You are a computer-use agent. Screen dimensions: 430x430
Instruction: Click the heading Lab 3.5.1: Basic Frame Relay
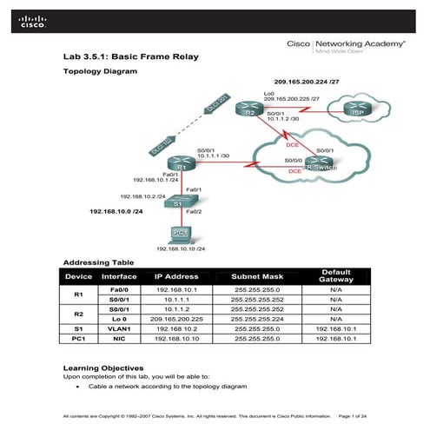coord(131,57)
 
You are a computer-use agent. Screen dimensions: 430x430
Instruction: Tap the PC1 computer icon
coord(181,233)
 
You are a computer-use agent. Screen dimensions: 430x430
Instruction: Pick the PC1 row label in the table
coord(77,340)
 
